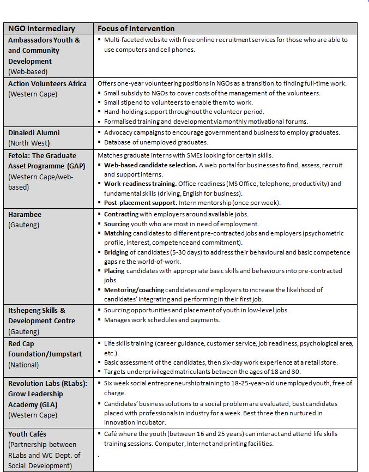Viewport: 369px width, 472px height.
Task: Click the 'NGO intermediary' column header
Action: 41,28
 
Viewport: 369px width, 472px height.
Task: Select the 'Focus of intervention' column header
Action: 136,28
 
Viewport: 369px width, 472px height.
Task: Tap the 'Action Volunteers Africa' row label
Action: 47,83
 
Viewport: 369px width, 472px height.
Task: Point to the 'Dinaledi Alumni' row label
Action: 34,132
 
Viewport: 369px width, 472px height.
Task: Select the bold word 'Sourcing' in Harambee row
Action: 117,223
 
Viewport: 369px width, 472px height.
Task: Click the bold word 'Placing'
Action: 114,271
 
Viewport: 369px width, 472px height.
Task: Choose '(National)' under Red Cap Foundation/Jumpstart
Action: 23,365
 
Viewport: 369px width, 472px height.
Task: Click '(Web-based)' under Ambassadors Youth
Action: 27,71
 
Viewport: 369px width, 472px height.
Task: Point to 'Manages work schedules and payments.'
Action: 162,319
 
